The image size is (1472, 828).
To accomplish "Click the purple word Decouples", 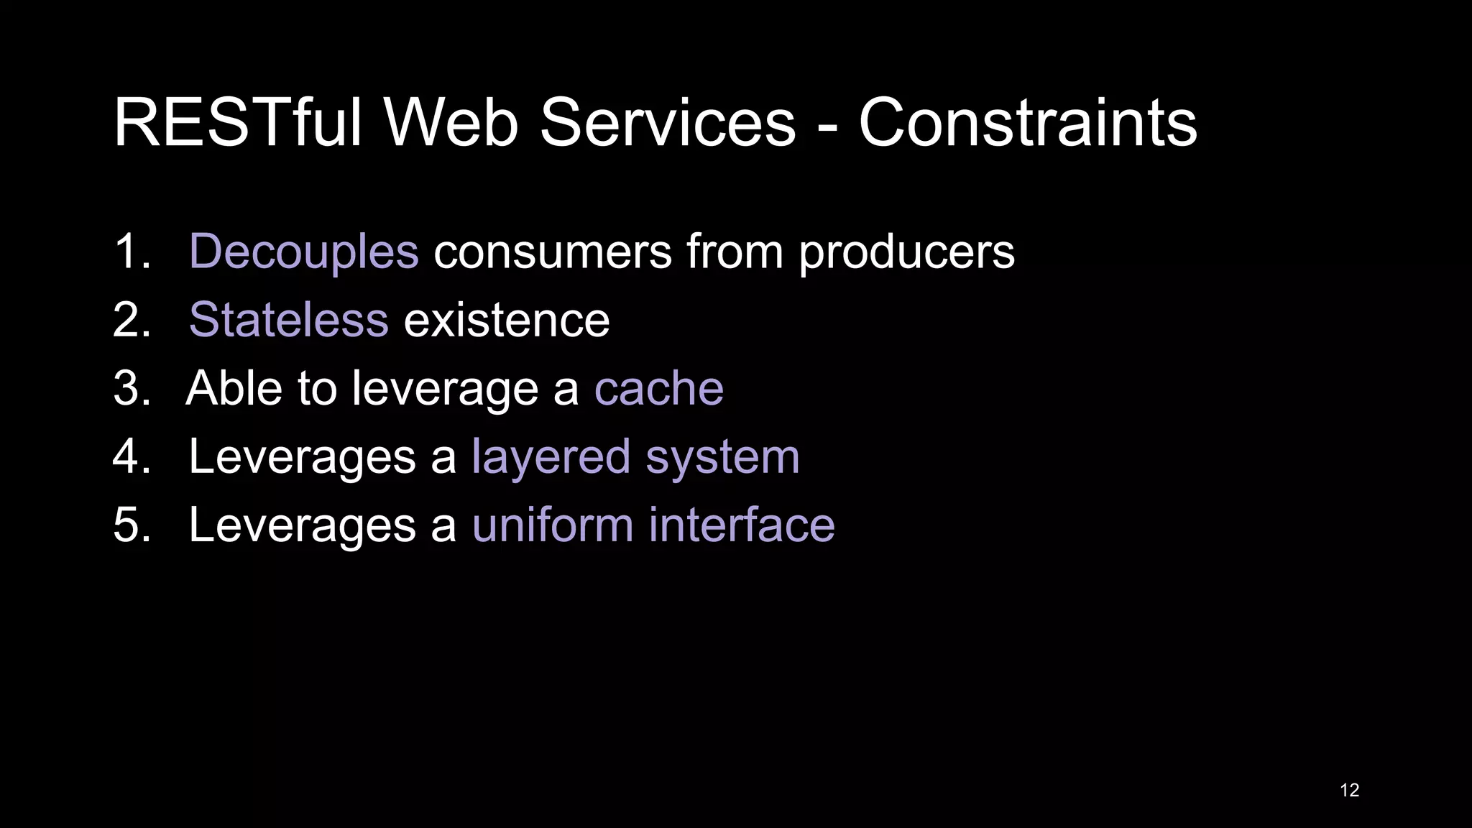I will pyautogui.click(x=303, y=252).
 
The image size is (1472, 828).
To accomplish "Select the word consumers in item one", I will pyautogui.click(x=552, y=252).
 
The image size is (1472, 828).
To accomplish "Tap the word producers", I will pyautogui.click(x=906, y=253).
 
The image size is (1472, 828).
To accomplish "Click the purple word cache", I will pyautogui.click(x=658, y=388).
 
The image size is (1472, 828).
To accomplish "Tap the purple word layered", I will pyautogui.click(x=551, y=457).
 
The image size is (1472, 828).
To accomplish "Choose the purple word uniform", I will pyautogui.click(x=553, y=525).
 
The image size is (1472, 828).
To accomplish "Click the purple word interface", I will pyautogui.click(x=742, y=525).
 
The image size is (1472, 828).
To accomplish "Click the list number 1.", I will pyautogui.click(x=127, y=252).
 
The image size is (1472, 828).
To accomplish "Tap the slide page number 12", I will pyautogui.click(x=1349, y=790).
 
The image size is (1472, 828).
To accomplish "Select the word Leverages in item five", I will pyautogui.click(x=302, y=526).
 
